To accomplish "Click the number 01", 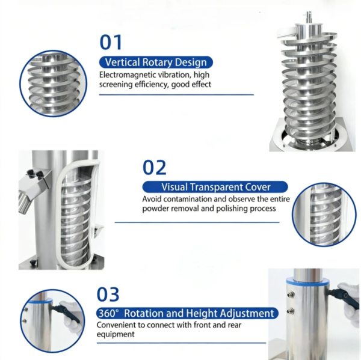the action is coord(111,42).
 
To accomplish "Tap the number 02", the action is coord(154,168).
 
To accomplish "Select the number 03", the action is coord(108,294).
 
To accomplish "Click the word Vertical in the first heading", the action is coord(122,63).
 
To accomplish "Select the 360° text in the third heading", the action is coord(109,313).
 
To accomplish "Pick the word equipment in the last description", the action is coord(116,334).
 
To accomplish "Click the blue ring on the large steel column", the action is coord(308,282).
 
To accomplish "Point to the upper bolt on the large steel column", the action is coord(291,294).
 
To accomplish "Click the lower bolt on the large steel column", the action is coord(290,311).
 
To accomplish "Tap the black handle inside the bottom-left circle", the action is coord(66,313).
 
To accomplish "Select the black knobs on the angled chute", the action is coord(34,174).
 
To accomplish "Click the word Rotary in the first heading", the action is coord(157,63).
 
